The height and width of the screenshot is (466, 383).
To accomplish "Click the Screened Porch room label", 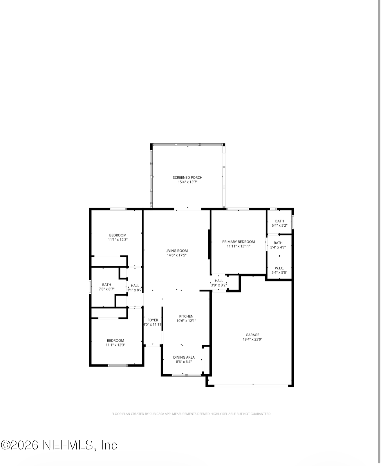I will [x=187, y=178].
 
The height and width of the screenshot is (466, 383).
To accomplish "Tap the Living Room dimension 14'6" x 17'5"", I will [x=176, y=255].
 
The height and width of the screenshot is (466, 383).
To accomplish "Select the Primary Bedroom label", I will [x=239, y=242].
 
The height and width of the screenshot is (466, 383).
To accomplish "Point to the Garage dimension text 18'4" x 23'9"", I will [x=252, y=339].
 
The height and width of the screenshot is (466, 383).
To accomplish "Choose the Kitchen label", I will [x=186, y=316].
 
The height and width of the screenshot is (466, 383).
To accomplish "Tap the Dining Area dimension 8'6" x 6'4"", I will [x=184, y=362].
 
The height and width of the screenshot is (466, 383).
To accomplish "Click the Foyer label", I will [x=153, y=320].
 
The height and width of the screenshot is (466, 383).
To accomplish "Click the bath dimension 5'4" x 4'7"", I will [x=278, y=248].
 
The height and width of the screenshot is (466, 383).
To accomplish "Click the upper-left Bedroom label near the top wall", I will [x=118, y=235].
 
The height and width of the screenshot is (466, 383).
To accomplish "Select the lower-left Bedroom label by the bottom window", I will [x=115, y=341].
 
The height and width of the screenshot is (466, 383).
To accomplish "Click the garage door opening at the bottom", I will [x=251, y=386].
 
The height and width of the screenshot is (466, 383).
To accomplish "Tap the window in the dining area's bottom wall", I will [x=187, y=375].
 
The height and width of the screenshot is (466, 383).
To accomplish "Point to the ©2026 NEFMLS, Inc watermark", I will [x=59, y=445].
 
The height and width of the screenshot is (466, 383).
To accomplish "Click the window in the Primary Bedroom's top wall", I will [x=237, y=209].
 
